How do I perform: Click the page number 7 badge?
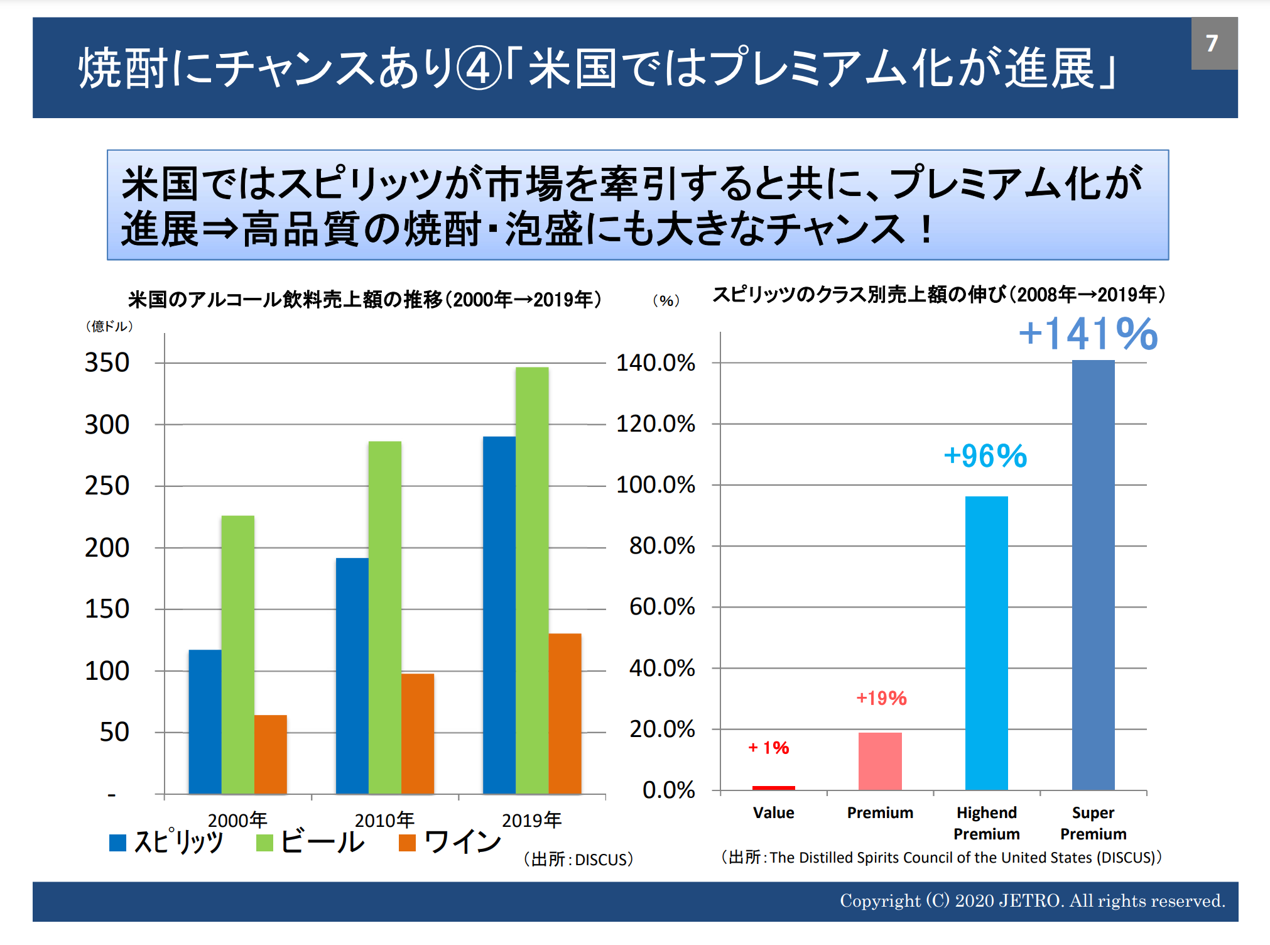coord(1213,43)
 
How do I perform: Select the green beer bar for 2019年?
coord(532,578)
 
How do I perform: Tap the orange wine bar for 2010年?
coord(418,733)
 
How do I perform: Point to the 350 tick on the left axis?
coord(107,363)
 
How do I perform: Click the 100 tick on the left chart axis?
coord(107,671)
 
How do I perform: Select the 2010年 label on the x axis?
coord(384,820)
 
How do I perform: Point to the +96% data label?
coord(985,456)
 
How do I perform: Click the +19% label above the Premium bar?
coord(881,698)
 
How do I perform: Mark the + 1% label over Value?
coord(769,748)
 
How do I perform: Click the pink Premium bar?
coord(880,761)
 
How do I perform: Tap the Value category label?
coord(774,813)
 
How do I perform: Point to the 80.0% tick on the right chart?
coord(662,546)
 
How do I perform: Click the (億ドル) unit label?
coord(109,326)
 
